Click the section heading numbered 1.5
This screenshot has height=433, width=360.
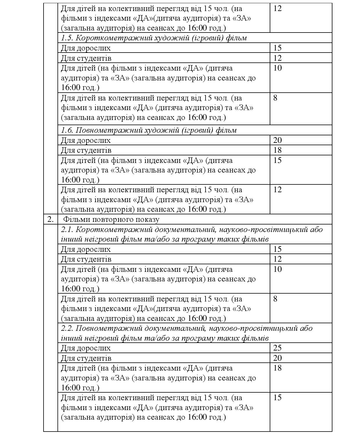(x=154, y=38)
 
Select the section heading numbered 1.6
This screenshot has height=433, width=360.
(x=149, y=130)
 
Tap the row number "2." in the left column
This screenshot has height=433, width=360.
(x=51, y=219)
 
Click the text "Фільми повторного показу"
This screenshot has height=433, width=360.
(x=111, y=219)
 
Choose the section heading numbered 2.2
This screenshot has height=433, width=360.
(x=187, y=333)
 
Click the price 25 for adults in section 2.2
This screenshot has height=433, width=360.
(x=278, y=348)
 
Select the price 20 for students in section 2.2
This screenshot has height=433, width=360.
(x=278, y=358)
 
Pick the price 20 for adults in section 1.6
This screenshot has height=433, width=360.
(x=278, y=140)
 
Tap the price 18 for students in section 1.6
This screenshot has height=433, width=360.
(x=278, y=150)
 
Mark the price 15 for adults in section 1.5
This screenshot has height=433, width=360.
(x=278, y=48)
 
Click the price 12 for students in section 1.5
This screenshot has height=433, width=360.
(x=278, y=58)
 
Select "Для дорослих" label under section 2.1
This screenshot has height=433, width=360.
(x=86, y=249)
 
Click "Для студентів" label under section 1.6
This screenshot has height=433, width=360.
(x=86, y=150)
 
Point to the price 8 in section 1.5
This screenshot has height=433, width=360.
(x=276, y=98)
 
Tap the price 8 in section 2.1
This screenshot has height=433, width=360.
(x=276, y=299)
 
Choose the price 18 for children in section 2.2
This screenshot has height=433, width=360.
(x=278, y=368)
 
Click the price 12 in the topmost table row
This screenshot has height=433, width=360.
(x=278, y=8)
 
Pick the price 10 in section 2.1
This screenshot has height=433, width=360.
(x=278, y=269)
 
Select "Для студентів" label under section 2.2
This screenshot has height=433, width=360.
(x=86, y=358)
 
